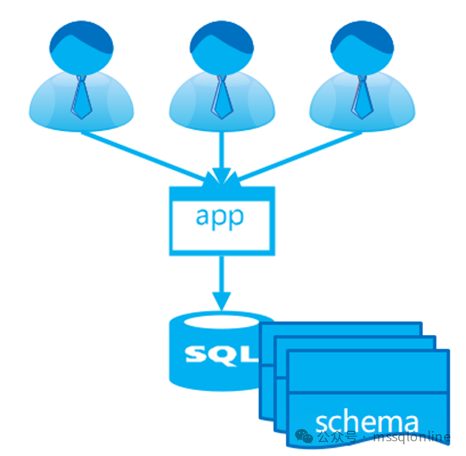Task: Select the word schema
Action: click(367, 421)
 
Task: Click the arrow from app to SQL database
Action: click(221, 274)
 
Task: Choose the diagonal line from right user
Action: click(299, 154)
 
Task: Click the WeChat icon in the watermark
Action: click(304, 437)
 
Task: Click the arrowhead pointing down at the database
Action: click(221, 299)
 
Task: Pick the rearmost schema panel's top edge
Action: click(343, 326)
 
